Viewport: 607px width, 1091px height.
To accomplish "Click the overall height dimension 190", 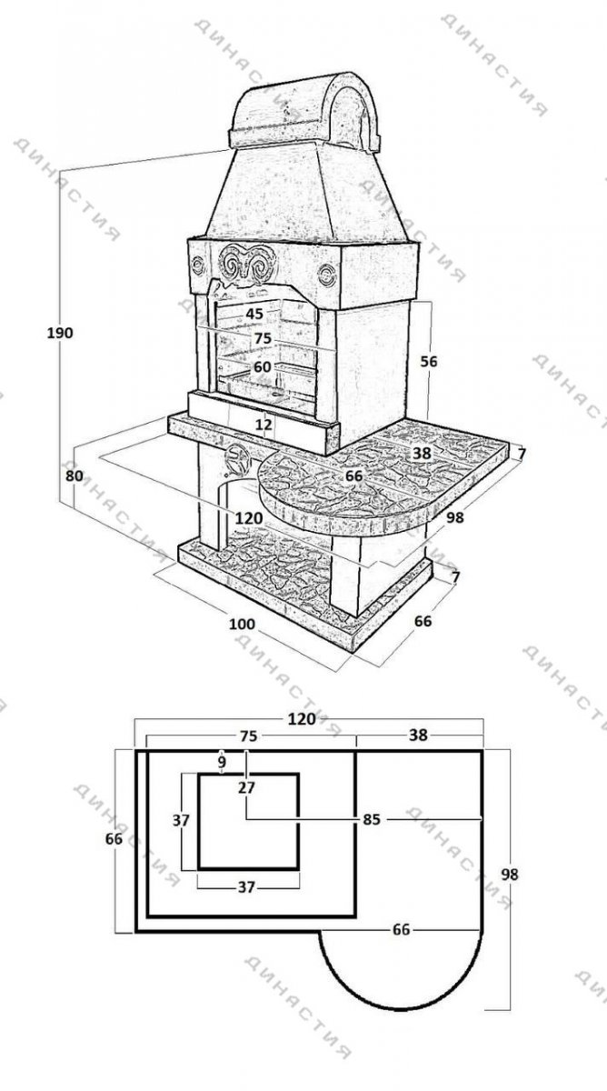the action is (x=60, y=333).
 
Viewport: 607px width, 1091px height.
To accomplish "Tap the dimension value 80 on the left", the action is (x=74, y=475).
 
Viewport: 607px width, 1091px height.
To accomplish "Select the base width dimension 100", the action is (x=242, y=624).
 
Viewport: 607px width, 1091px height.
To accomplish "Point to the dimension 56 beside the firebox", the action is (x=429, y=362).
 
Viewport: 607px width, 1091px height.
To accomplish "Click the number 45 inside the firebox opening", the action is (x=254, y=314).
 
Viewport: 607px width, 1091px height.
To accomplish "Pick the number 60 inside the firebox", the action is (x=262, y=366).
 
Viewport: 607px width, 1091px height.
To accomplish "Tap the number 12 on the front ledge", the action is (x=264, y=425).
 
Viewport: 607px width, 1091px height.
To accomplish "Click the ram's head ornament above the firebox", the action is (x=247, y=265).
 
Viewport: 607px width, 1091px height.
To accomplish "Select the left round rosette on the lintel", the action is (x=198, y=265).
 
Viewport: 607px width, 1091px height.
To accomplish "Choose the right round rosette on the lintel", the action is (x=327, y=274).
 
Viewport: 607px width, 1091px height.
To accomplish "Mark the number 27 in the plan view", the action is (x=247, y=787).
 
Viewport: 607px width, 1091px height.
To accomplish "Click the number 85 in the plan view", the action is (x=371, y=819).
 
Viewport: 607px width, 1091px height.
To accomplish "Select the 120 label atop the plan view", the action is (x=302, y=719).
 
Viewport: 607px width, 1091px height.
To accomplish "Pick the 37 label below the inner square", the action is (x=247, y=887).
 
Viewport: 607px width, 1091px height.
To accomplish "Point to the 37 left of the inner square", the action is (x=181, y=820).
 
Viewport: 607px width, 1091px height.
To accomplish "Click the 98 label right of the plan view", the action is (x=510, y=874).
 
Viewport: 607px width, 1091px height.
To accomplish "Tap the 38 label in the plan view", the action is (x=418, y=735).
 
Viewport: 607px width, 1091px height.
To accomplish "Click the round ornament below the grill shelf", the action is (x=237, y=460).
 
